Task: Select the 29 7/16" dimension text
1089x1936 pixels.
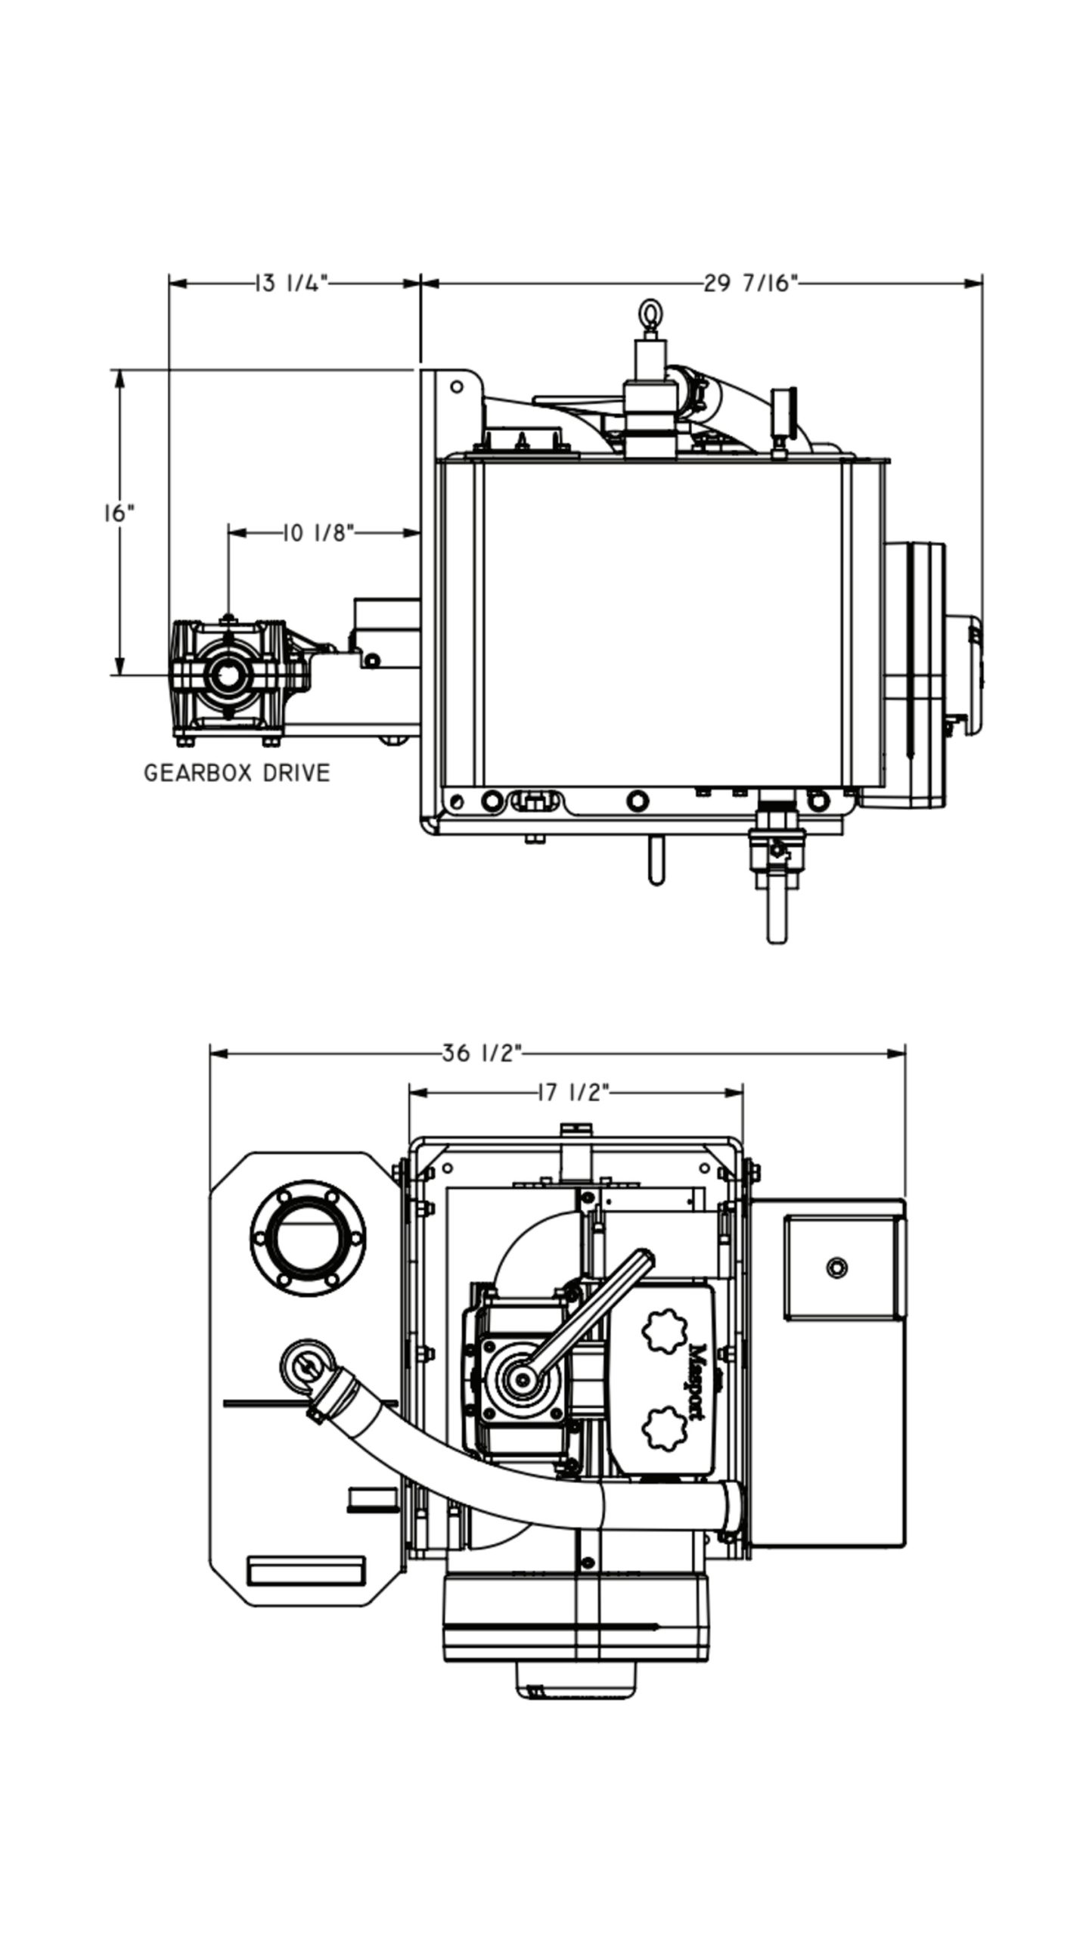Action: click(x=751, y=284)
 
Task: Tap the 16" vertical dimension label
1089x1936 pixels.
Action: click(x=119, y=513)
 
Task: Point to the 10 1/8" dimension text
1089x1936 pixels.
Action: click(x=318, y=533)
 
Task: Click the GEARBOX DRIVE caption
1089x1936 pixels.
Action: click(x=237, y=773)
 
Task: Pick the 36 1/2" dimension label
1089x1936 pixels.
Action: click(x=482, y=1053)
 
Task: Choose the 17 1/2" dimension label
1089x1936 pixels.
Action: click(x=572, y=1093)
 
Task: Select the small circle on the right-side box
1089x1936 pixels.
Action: click(x=836, y=1267)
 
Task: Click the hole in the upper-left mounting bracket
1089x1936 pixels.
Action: click(x=457, y=387)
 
